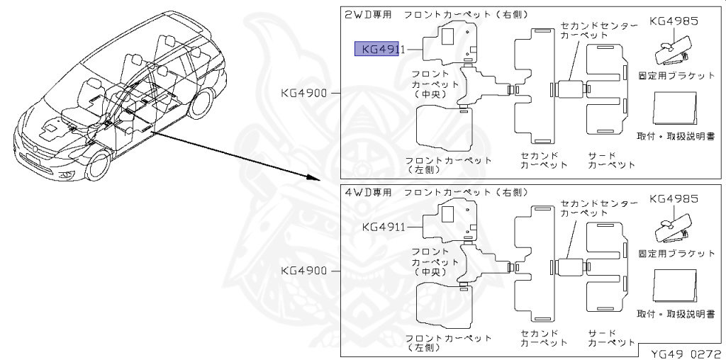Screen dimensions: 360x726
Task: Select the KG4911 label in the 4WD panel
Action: [x=383, y=227]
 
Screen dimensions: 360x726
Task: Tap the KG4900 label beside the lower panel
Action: [x=303, y=271]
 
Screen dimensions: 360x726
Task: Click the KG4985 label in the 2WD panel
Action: [x=674, y=21]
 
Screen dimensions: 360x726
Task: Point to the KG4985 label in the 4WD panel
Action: [x=674, y=198]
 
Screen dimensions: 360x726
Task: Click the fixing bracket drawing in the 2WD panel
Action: [x=674, y=50]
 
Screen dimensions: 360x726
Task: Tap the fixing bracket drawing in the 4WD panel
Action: [x=674, y=227]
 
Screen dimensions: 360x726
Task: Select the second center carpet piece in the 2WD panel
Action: [x=569, y=89]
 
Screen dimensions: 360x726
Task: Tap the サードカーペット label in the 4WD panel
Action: [x=612, y=337]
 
